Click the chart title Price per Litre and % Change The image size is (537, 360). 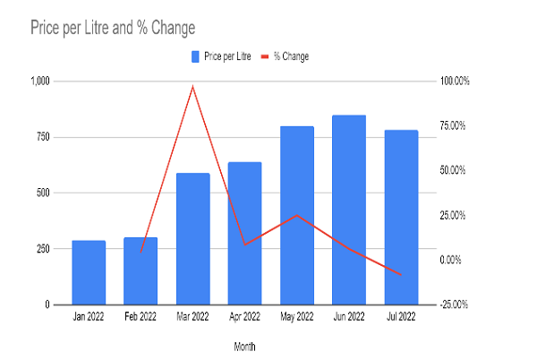pyautogui.click(x=113, y=28)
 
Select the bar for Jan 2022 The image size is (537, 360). pyautogui.click(x=89, y=272)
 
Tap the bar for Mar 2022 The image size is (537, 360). pyautogui.click(x=192, y=238)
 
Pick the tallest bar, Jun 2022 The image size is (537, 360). pyautogui.click(x=349, y=210)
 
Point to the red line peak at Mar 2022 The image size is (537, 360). pyautogui.click(x=192, y=86)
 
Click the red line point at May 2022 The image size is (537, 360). pyautogui.click(x=297, y=215)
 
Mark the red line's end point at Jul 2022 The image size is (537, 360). pyautogui.click(x=401, y=274)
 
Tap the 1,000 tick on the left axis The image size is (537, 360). pyautogui.click(x=40, y=81)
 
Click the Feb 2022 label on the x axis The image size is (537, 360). pyautogui.click(x=141, y=317)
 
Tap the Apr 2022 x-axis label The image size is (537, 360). pyautogui.click(x=244, y=317)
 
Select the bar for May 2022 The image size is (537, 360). pyautogui.click(x=297, y=215)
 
